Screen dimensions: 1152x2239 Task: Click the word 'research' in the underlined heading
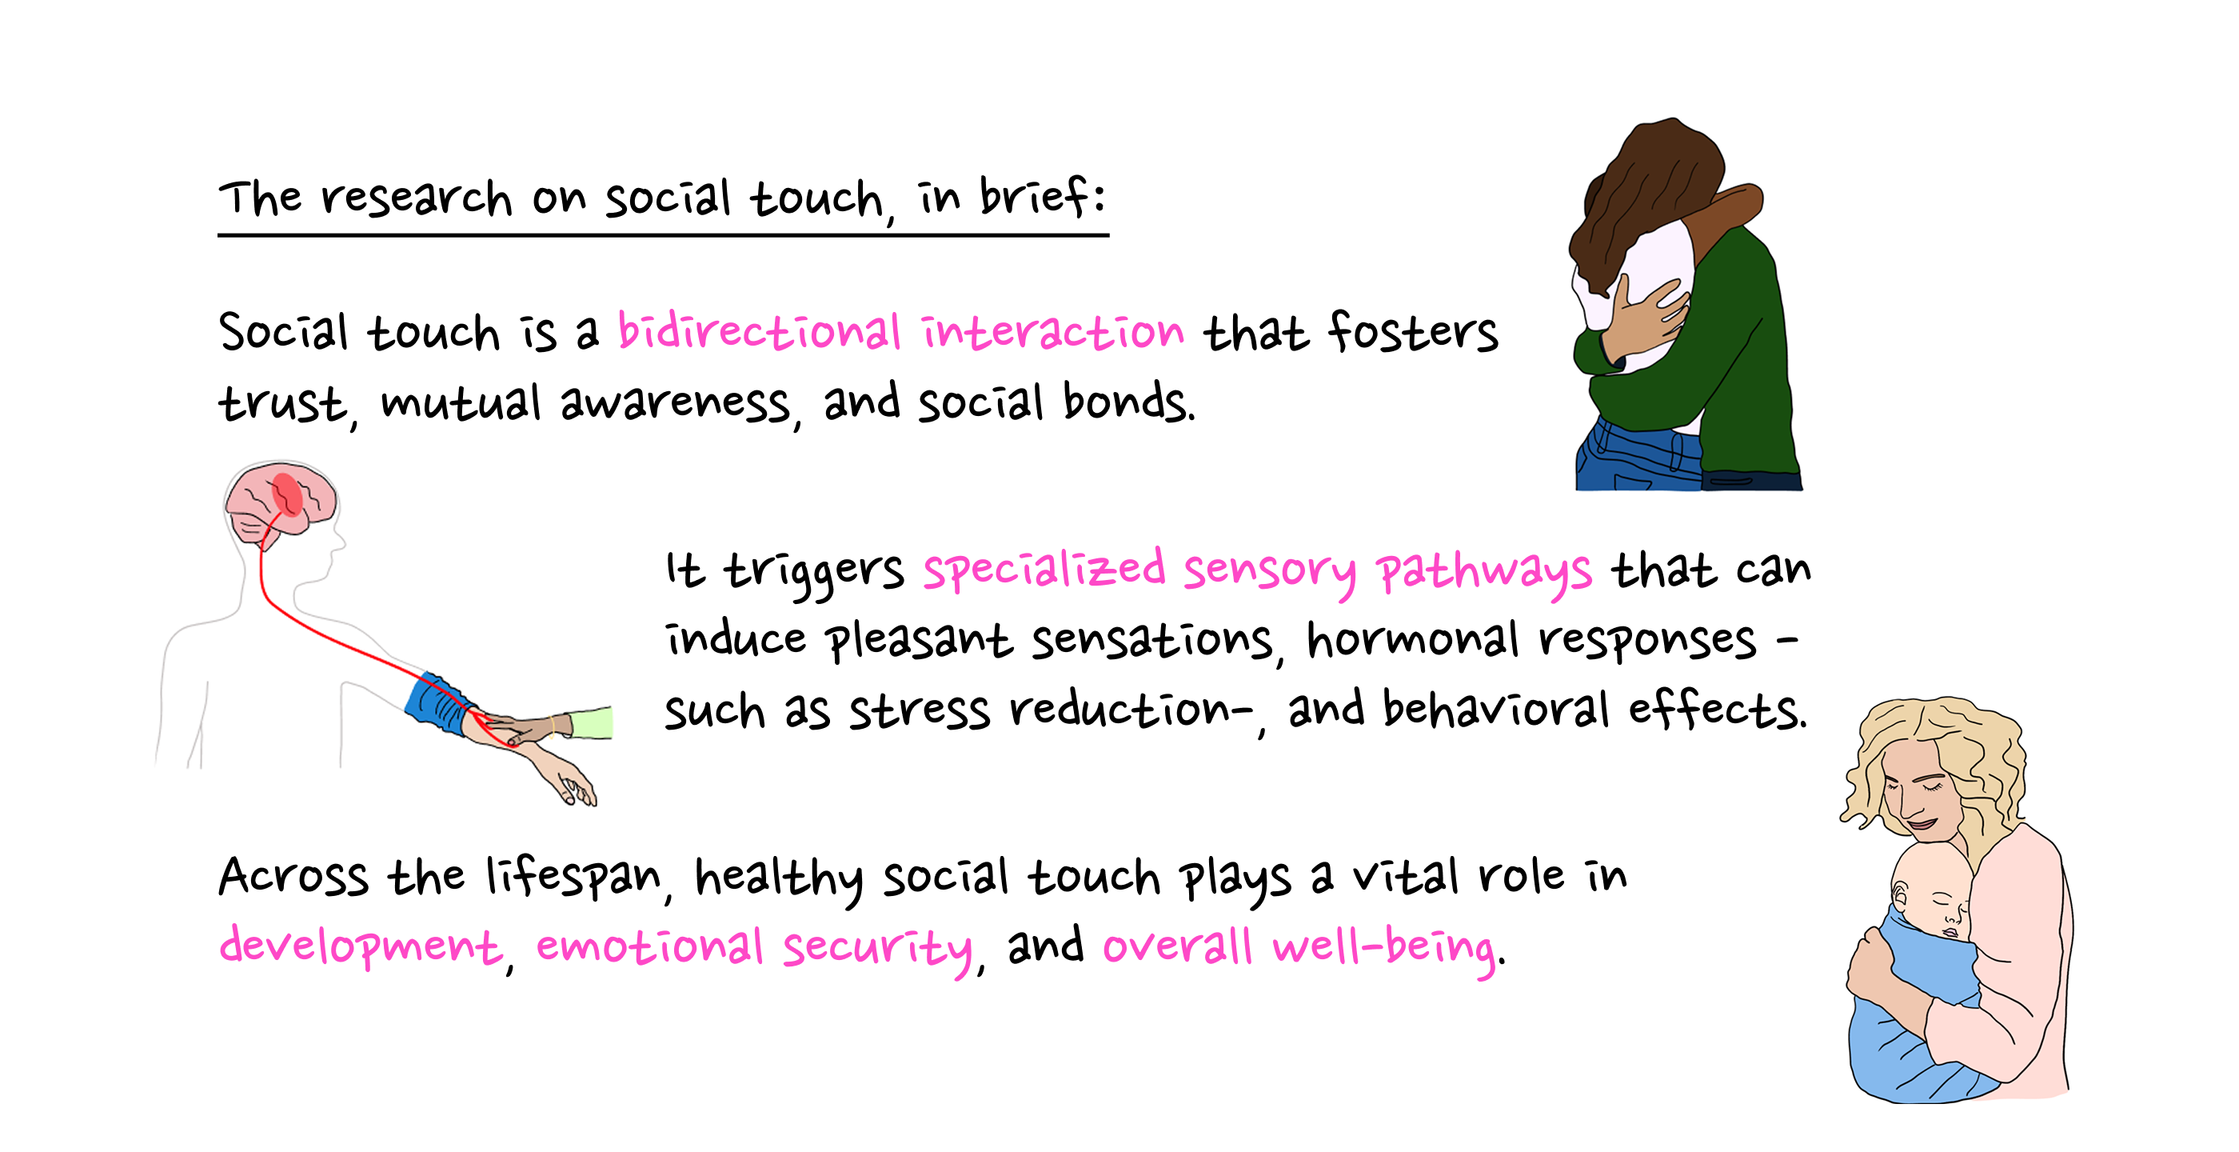pyautogui.click(x=417, y=198)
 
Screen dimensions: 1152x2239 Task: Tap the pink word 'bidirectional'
pyautogui.click(x=759, y=332)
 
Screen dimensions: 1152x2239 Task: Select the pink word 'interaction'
pyautogui.click(x=1052, y=332)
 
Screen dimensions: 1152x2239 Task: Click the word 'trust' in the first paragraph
pyautogui.click(x=281, y=403)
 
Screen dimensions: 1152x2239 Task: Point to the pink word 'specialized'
pyautogui.click(x=1043, y=570)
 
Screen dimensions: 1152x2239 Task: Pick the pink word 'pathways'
pyautogui.click(x=1483, y=572)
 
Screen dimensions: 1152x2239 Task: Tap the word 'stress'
pyautogui.click(x=919, y=710)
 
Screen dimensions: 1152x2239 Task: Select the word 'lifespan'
pyautogui.click(x=573, y=875)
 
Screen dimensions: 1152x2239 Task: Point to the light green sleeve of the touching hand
pyautogui.click(x=593, y=722)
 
